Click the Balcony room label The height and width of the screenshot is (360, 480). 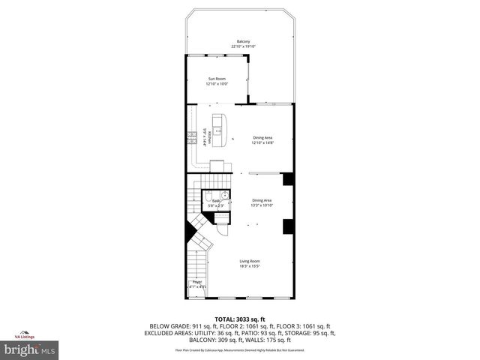point(243,41)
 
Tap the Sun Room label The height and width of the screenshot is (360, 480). point(217,79)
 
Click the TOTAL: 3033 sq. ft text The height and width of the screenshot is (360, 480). point(240,319)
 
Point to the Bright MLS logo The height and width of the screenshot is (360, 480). point(30,349)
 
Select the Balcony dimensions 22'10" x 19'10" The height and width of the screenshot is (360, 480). point(243,46)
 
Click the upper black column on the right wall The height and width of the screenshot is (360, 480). point(287,180)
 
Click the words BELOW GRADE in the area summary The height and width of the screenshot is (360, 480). point(166,326)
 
